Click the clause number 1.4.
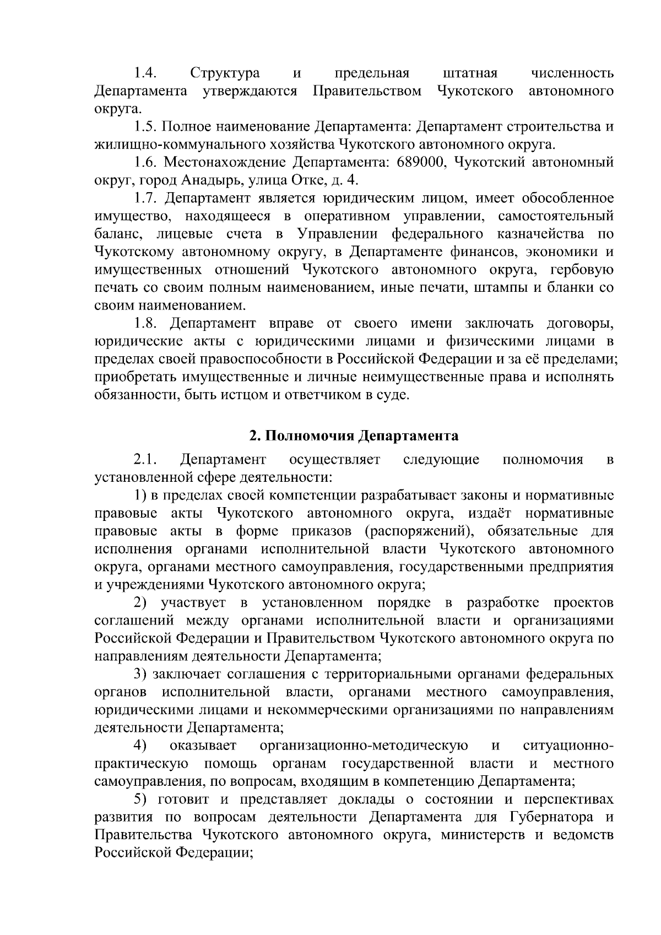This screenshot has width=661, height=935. [145, 73]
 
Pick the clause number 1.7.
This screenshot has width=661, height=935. [146, 198]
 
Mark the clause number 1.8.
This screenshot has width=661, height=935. [146, 323]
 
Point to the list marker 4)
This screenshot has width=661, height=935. [141, 746]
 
